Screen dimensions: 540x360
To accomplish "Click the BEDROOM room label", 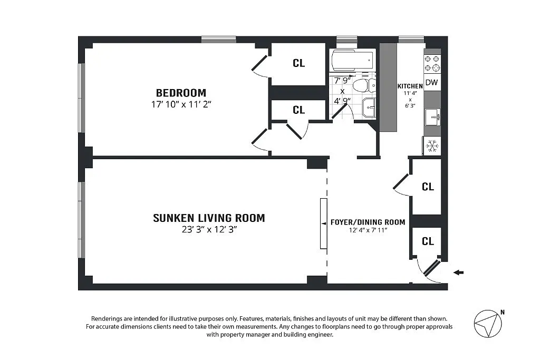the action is [181, 93].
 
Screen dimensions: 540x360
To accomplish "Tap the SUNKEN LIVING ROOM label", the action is [209, 218].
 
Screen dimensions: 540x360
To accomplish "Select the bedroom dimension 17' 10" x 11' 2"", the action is [181, 104].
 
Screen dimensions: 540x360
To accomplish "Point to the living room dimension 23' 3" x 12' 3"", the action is [209, 230].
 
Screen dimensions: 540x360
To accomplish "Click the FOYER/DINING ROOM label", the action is [368, 222].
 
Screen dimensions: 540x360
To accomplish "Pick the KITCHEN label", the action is [410, 86].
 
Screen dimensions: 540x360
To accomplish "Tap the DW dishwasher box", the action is [432, 82].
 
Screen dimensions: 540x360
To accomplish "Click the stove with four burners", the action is [432, 64].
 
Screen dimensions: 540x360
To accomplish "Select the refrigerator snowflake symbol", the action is [432, 146].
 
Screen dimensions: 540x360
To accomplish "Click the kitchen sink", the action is [432, 117].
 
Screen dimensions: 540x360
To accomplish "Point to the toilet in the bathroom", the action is [365, 85].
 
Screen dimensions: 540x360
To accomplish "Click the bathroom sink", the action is [369, 108].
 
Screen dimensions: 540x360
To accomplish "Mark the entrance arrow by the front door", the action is [458, 273].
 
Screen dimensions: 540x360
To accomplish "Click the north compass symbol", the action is [488, 324].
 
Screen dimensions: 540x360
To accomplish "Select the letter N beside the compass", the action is [503, 313].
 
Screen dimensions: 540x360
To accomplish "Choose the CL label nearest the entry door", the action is [428, 241].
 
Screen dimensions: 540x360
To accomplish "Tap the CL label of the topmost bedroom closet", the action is [298, 63].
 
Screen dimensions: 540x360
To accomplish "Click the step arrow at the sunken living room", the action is [324, 223].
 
